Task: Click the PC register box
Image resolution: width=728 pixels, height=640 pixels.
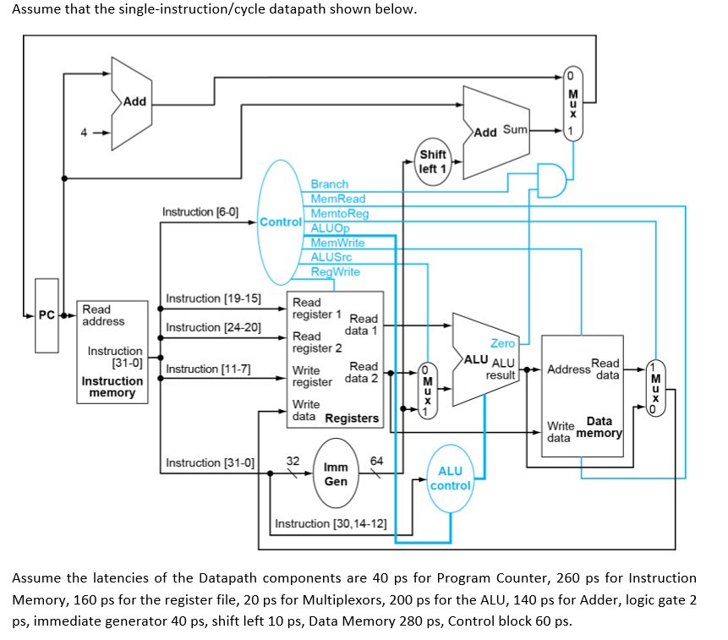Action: (46, 315)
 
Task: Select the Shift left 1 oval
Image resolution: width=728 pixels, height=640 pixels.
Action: (433, 161)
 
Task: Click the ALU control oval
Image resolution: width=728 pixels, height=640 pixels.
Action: (450, 479)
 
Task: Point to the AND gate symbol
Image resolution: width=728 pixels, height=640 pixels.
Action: (550, 179)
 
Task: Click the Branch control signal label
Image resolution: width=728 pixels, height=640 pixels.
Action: (329, 183)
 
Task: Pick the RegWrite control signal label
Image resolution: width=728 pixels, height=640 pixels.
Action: (335, 271)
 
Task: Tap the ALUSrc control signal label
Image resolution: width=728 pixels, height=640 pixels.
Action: (331, 257)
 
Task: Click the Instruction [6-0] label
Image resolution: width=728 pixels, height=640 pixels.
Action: (200, 211)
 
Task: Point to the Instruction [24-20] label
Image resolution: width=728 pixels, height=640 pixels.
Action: (214, 327)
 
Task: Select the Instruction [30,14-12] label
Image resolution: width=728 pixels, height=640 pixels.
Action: (331, 524)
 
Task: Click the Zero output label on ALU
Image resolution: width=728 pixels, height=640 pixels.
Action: (502, 343)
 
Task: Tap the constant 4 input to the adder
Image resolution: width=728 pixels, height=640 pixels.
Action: (84, 133)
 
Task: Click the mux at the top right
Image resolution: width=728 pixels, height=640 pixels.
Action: (572, 102)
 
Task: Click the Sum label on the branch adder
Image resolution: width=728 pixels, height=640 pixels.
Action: (515, 129)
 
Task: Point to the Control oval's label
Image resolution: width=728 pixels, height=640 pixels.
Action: (280, 222)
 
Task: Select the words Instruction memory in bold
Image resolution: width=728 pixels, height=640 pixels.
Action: (112, 386)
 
